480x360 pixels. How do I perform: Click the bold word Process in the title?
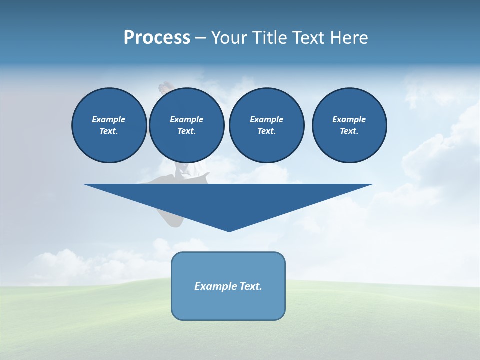pyautogui.click(x=157, y=38)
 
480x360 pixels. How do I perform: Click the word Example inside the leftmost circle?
pyautogui.click(x=109, y=119)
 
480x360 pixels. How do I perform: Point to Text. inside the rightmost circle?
pyautogui.click(x=349, y=131)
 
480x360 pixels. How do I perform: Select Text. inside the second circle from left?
pyautogui.click(x=186, y=131)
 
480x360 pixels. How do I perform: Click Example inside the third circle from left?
pyautogui.click(x=266, y=119)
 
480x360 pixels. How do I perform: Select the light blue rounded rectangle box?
pyautogui.click(x=228, y=305)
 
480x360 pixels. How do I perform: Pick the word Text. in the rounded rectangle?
pyautogui.click(x=250, y=286)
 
